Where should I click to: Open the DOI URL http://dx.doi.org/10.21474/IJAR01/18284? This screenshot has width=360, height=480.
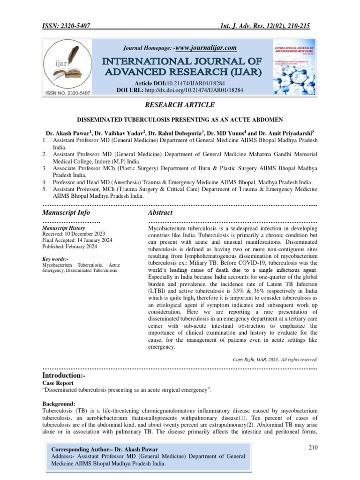pyautogui.click(x=194, y=90)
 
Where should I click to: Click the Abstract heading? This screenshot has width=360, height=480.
pyautogui.click(x=161, y=212)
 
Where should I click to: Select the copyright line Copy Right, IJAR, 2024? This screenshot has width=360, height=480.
pyautogui.click(x=275, y=360)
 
